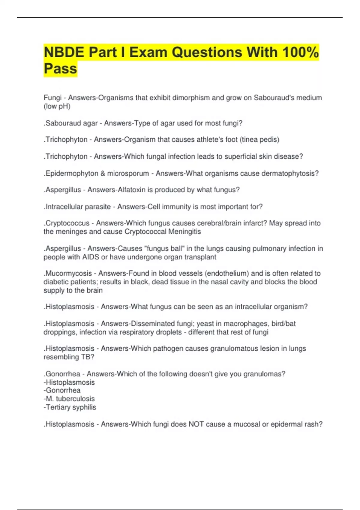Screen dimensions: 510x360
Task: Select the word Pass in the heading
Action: coord(60,69)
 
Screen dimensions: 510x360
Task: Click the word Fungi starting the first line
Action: coord(52,98)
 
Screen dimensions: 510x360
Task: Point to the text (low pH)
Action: coord(57,106)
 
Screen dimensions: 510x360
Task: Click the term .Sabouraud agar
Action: coord(71,123)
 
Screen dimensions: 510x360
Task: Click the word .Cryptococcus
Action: coord(67,223)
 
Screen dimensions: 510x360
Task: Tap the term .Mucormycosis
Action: coord(68,273)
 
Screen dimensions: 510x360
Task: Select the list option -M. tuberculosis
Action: coord(69,399)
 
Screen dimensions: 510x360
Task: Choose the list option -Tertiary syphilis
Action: coord(70,407)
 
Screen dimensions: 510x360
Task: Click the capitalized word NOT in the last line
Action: coord(196,424)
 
